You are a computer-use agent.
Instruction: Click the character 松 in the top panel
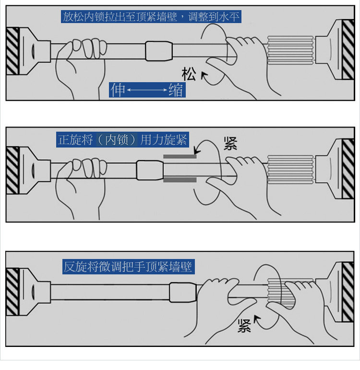coord(189,74)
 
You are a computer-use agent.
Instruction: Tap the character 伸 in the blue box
coord(118,90)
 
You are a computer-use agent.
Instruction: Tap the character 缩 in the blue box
coord(176,90)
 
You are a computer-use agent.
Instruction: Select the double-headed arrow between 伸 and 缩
coord(147,90)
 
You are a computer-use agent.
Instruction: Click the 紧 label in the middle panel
coord(230,144)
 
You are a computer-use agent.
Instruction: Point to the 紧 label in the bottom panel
coord(244,326)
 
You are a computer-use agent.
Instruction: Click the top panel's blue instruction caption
coord(151,16)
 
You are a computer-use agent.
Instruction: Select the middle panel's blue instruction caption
coord(122,140)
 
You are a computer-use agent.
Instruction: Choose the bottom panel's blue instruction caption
coord(129,267)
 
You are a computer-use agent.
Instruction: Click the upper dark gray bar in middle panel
coord(180,157)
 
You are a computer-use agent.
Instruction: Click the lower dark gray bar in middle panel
coord(180,180)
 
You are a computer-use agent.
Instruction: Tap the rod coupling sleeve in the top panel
coord(159,51)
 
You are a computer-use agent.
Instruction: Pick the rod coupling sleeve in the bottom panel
coord(183,292)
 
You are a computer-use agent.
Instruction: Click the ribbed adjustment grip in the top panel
coord(290,50)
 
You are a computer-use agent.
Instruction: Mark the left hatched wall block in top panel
coord(12,51)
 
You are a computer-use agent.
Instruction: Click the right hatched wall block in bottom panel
coord(348,292)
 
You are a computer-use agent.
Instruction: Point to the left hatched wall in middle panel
coord(12,170)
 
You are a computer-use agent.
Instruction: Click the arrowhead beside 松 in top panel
coord(204,75)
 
